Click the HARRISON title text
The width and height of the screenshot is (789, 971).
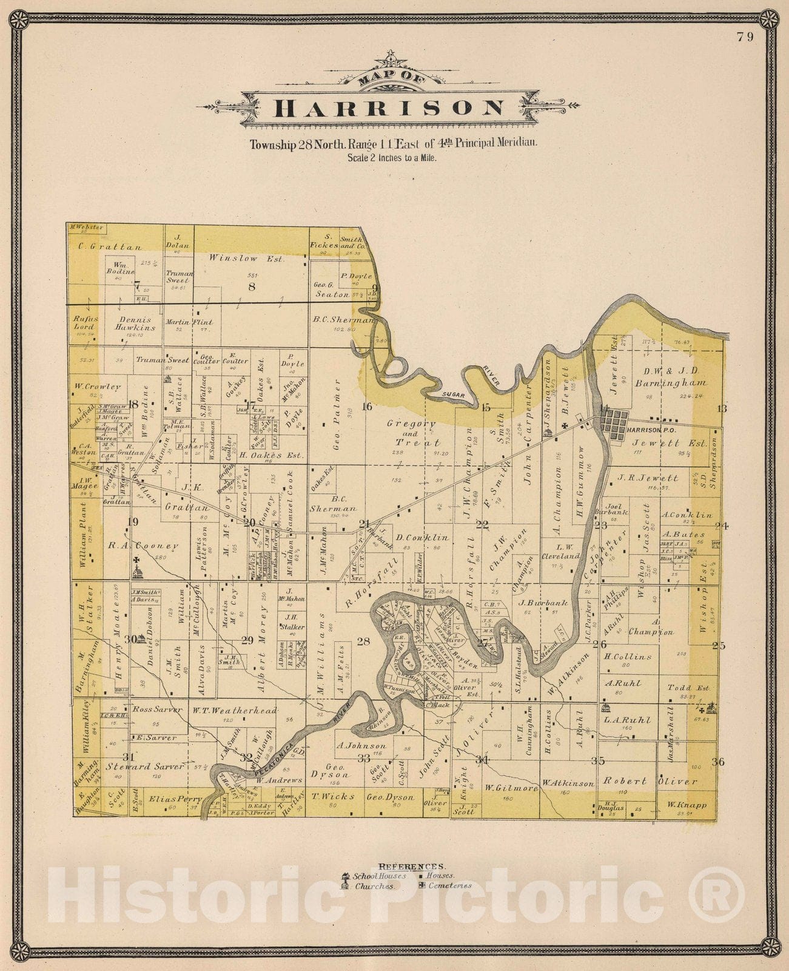tap(389, 107)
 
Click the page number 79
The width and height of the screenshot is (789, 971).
tap(745, 37)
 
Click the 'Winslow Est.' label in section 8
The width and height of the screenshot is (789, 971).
tap(246, 259)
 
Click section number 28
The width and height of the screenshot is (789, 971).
tap(363, 641)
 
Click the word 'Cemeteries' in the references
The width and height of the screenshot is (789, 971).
tap(449, 885)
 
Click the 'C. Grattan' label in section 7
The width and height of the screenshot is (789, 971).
tap(110, 247)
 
